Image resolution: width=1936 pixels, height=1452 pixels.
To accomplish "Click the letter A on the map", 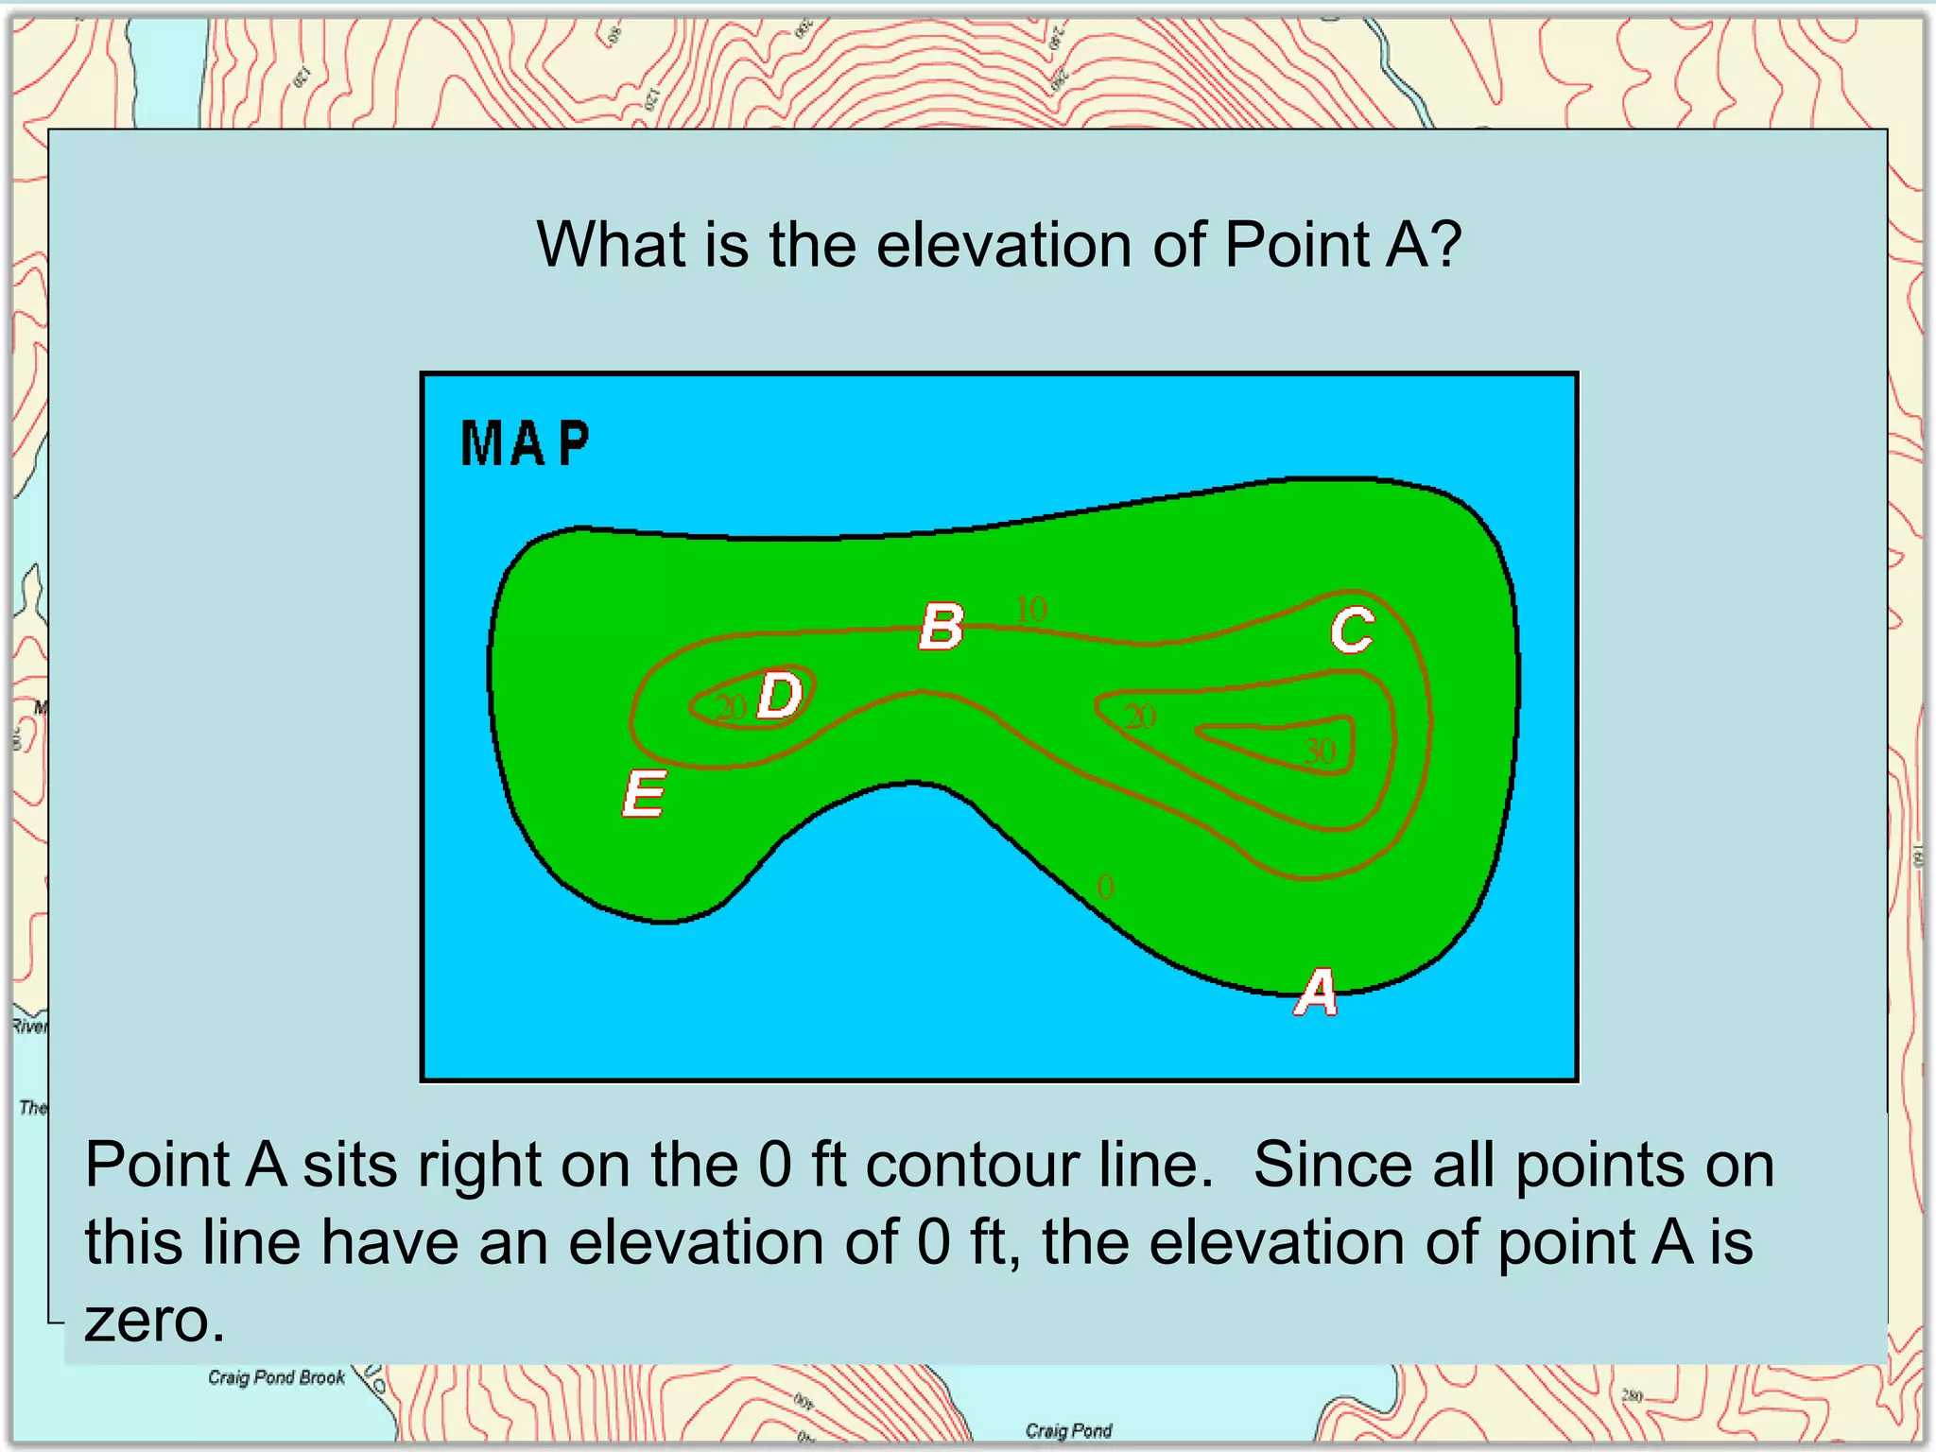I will point(1316,994).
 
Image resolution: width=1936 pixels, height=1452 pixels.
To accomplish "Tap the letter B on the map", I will point(942,627).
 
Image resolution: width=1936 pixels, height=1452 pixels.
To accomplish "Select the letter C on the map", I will point(1352,630).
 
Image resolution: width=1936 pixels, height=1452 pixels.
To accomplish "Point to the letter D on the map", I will point(781,696).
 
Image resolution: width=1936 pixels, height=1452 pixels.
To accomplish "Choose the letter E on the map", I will point(645,793).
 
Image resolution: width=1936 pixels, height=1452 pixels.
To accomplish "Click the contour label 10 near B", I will point(1031,609).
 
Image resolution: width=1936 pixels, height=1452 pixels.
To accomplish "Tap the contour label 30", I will point(1320,752).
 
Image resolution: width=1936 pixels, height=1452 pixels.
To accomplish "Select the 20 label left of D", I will point(731,707).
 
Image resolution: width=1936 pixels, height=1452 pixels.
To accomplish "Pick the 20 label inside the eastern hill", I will point(1140,717).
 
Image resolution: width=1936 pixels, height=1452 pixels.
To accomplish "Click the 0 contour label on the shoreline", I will point(1105,887).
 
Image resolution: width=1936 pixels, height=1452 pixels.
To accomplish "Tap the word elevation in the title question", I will point(1006,245).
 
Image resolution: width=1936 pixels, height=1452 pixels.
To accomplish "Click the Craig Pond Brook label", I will point(276,1377).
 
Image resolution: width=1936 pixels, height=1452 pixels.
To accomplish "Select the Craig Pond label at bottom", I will point(1068,1430).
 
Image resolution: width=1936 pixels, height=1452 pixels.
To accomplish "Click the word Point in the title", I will point(1297,245).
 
